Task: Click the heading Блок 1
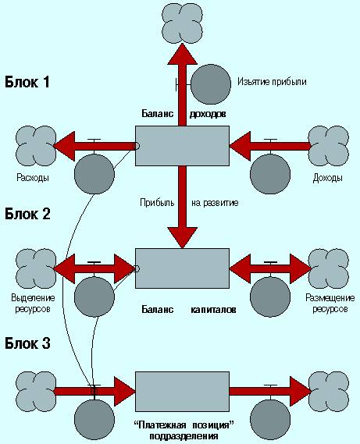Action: [x=27, y=82]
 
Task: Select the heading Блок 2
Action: [x=27, y=214]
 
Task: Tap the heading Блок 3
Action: [x=27, y=343]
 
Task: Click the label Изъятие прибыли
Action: [x=272, y=82]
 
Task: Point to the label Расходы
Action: [x=33, y=178]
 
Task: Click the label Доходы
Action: [x=328, y=178]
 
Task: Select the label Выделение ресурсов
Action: [x=33, y=303]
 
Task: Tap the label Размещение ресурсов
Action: [x=330, y=303]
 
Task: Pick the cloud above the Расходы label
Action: [x=36, y=146]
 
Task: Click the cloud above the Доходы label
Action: [x=329, y=146]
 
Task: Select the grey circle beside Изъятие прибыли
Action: [x=211, y=84]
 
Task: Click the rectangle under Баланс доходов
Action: [x=182, y=146]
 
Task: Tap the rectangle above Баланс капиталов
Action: [x=182, y=268]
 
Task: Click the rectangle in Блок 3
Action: [x=182, y=392]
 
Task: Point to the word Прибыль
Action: [x=157, y=203]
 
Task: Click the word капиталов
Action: [x=213, y=310]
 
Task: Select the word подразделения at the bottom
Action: [x=184, y=436]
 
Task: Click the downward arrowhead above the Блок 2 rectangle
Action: [x=182, y=238]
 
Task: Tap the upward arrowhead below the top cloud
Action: [x=182, y=54]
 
